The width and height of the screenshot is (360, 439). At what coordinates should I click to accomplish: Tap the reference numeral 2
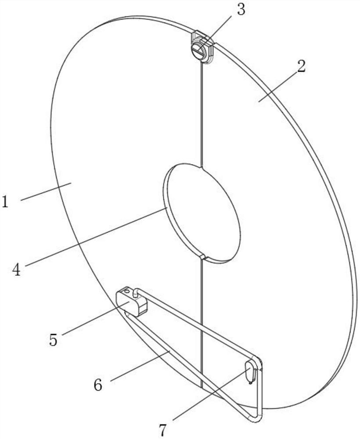[301, 67]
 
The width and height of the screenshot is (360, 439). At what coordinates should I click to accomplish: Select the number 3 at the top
[241, 10]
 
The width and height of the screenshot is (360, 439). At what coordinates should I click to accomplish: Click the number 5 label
[53, 340]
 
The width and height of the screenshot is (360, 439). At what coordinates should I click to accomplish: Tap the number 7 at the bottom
[163, 429]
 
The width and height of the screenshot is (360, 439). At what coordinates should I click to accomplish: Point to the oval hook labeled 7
[250, 371]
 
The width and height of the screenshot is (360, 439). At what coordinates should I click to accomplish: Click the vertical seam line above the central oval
[202, 114]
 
